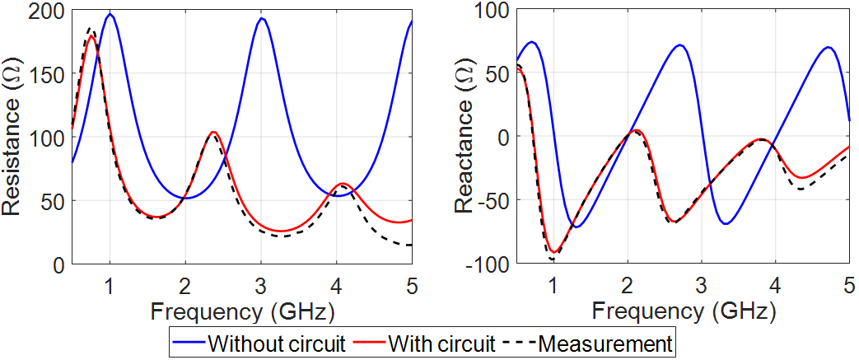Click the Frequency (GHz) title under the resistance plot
[241, 311]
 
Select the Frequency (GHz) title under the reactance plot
[683, 311]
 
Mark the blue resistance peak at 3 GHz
[260, 18]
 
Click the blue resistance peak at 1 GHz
[110, 14]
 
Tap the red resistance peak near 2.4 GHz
[213, 132]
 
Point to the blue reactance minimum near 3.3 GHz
[726, 223]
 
